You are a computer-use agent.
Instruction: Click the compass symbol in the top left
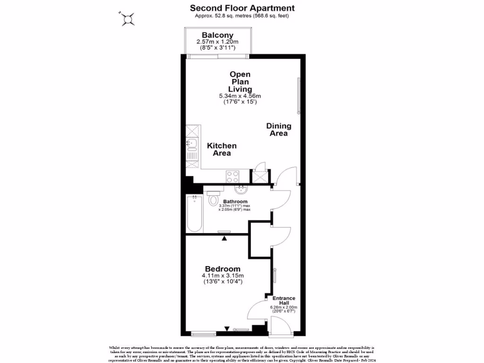[x=127, y=19]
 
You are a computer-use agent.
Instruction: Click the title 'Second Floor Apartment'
[x=242, y=8]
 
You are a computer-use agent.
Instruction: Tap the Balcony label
[x=217, y=35]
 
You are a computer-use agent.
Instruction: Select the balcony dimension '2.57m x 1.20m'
[x=217, y=42]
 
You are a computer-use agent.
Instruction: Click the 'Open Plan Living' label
[x=240, y=81]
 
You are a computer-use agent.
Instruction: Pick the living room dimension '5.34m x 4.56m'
[x=240, y=96]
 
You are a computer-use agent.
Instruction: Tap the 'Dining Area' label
[x=279, y=130]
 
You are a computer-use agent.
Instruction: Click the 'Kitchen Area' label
[x=222, y=149]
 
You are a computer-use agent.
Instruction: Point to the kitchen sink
[x=192, y=144]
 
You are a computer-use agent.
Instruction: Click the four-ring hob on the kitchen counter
[x=233, y=176]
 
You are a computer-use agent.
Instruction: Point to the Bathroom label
[x=235, y=202]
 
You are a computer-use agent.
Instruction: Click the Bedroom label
[x=222, y=269]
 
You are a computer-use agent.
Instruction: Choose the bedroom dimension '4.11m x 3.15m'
[x=222, y=276]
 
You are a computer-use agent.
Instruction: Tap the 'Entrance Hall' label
[x=284, y=301]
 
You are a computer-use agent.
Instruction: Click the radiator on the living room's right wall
[x=298, y=96]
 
